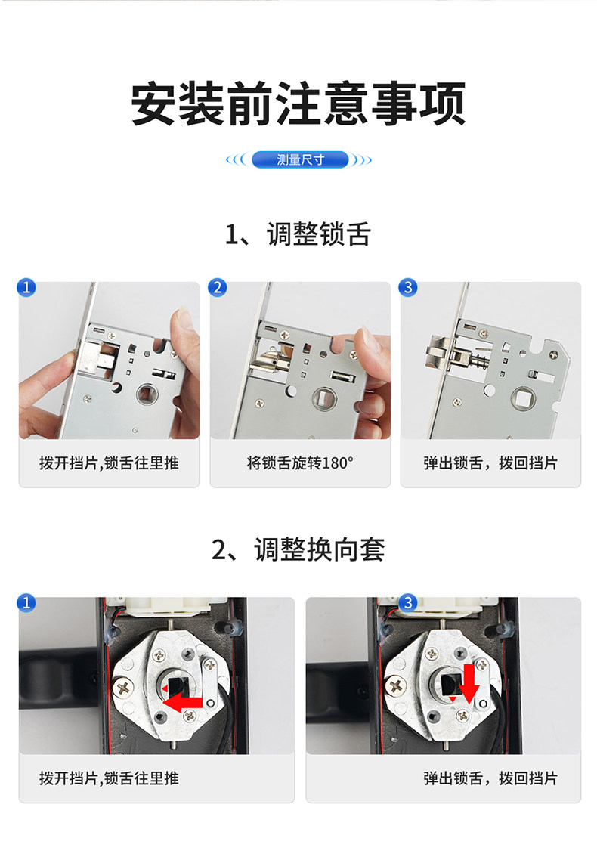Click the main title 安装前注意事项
[298, 104]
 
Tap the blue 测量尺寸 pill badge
[300, 159]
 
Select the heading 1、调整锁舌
[298, 234]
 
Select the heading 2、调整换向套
[298, 549]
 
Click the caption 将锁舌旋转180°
[300, 463]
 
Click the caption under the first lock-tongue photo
[109, 463]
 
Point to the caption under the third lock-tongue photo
[490, 463]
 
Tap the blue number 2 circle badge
[218, 287]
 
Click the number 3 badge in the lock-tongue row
[408, 287]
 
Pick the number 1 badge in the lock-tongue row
[26, 287]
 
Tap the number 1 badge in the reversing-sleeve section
[26, 602]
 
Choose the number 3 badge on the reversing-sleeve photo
[408, 602]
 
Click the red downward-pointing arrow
[469, 684]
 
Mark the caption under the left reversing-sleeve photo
[109, 778]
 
